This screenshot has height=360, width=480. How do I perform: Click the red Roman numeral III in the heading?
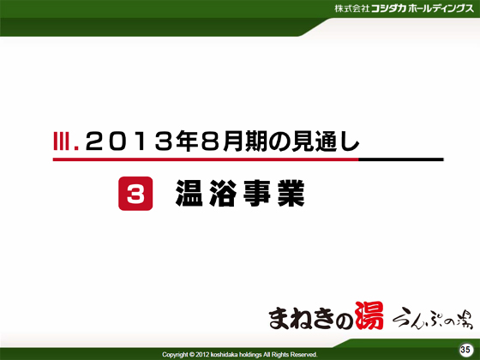point(62,141)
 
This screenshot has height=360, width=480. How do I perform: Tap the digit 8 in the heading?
point(211,141)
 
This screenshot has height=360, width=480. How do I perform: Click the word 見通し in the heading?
point(325,141)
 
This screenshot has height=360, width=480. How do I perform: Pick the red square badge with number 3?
point(135,194)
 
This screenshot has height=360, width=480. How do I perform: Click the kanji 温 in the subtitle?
point(189,193)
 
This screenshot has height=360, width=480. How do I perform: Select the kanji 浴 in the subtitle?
point(223,193)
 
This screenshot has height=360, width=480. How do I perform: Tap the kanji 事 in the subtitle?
point(257,193)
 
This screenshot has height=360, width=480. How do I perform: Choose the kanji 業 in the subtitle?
point(291,193)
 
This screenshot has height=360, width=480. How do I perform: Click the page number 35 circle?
point(465,350)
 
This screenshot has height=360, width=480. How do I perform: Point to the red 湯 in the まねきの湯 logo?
point(369,315)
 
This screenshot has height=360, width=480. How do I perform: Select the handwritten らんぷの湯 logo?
point(433,319)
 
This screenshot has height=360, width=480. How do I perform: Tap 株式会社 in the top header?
point(351,9)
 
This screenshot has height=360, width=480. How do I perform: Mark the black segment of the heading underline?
point(401,159)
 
